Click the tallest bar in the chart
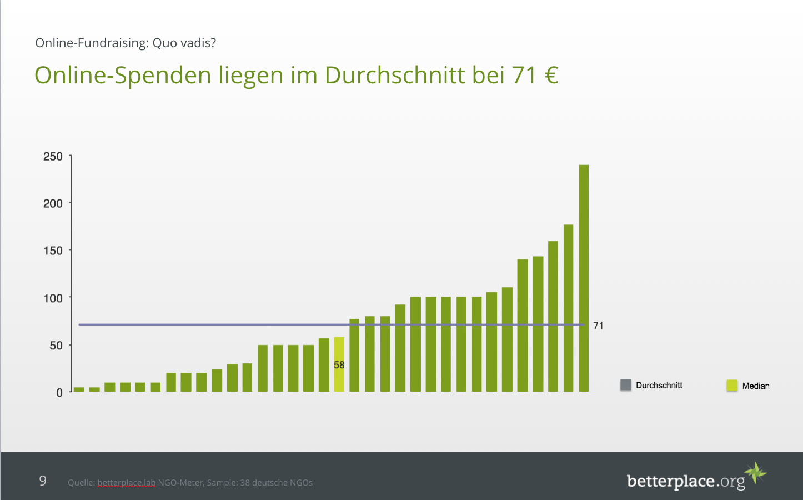click(584, 278)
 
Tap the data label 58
click(339, 365)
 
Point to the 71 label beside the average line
click(598, 326)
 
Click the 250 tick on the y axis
click(53, 157)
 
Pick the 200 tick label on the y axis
click(53, 203)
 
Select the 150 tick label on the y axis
click(53, 251)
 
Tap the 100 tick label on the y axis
click(53, 298)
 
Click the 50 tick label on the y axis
click(56, 346)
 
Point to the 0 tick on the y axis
click(59, 393)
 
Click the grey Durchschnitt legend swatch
click(626, 385)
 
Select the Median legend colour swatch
click(732, 386)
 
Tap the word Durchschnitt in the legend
click(659, 386)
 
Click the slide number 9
click(43, 481)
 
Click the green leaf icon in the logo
click(756, 473)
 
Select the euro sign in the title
click(551, 75)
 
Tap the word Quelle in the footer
click(81, 483)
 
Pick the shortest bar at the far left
click(79, 389)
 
